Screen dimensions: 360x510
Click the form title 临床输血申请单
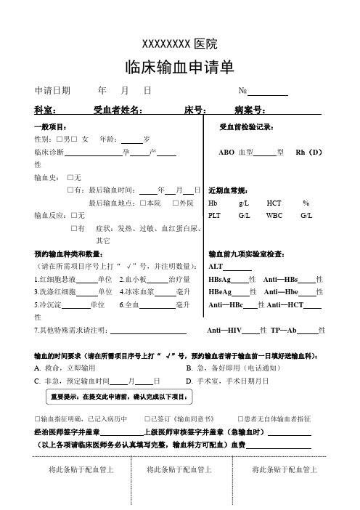[179, 68]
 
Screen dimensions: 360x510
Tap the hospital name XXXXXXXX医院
[179, 43]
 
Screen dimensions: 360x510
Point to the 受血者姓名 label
[118, 110]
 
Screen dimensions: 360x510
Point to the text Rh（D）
[308, 152]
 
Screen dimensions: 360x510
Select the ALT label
[216, 267]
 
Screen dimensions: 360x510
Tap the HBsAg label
[219, 279]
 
